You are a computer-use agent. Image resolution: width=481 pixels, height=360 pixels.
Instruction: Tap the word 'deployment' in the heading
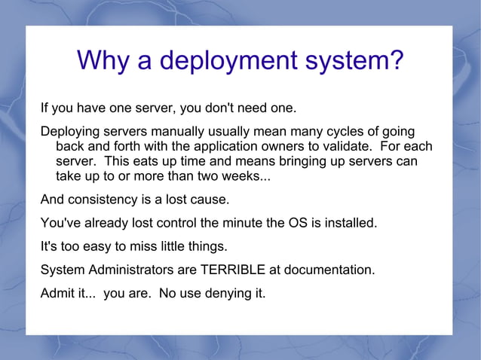226,61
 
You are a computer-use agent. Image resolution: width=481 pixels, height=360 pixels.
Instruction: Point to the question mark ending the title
396,61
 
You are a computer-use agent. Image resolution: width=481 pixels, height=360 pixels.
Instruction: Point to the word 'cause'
209,200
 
